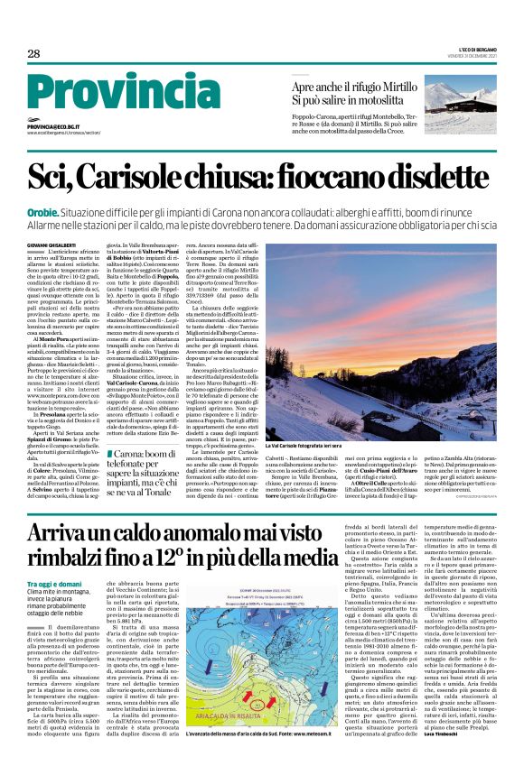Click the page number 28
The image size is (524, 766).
(33, 54)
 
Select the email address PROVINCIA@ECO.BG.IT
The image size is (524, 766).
(53, 127)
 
